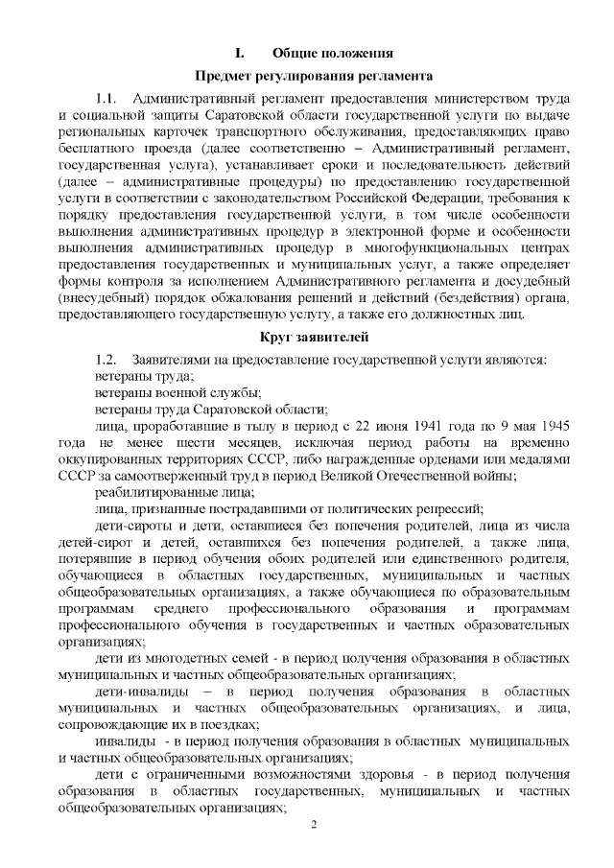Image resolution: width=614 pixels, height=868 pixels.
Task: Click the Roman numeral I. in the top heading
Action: tap(242, 51)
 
